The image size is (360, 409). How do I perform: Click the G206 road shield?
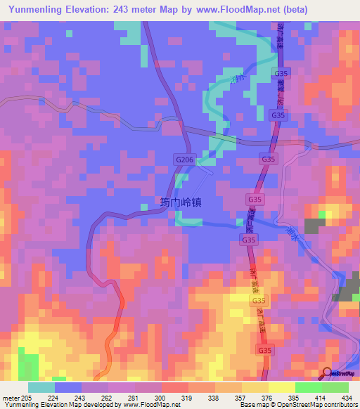click(x=184, y=160)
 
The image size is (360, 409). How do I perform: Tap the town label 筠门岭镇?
click(x=180, y=202)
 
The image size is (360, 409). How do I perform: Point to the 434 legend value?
click(x=347, y=397)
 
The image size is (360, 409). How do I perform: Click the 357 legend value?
click(x=247, y=397)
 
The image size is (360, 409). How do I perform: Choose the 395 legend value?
click(x=300, y=397)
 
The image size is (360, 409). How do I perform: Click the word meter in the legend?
click(x=12, y=397)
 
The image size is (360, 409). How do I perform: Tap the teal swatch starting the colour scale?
click(x=41, y=387)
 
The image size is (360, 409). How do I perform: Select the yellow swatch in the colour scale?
click(x=281, y=387)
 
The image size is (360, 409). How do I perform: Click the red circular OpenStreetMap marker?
click(x=326, y=372)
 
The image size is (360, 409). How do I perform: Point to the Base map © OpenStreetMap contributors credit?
click(x=298, y=405)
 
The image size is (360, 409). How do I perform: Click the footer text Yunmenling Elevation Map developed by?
click(x=56, y=405)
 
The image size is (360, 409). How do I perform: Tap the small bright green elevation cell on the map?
click(x=323, y=214)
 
